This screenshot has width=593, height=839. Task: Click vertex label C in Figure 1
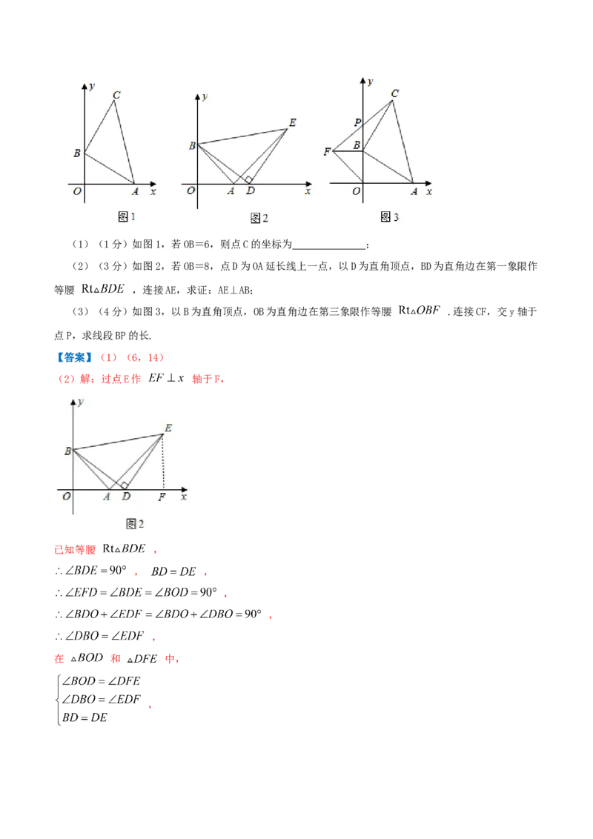tap(116, 95)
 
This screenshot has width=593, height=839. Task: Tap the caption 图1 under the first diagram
tap(127, 216)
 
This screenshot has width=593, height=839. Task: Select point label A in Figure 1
tap(135, 192)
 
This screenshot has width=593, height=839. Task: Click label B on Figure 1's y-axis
tap(76, 153)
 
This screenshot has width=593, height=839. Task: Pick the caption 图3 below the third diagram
tap(389, 216)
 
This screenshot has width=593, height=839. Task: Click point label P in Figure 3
tap(357, 122)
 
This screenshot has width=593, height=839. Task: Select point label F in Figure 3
tap(326, 152)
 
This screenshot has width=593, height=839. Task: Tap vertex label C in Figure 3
tap(394, 93)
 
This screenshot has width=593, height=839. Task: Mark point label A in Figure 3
tap(414, 192)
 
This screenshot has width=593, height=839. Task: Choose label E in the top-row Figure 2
tap(292, 123)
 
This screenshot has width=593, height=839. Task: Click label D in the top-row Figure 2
tap(251, 192)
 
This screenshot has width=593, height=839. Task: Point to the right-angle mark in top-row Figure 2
tap(250, 179)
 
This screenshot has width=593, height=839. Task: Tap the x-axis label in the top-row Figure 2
tap(307, 191)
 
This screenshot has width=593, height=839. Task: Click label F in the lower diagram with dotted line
tap(162, 497)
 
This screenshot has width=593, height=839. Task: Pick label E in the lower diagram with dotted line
tap(168, 428)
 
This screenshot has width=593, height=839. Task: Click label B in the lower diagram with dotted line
tap(67, 451)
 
